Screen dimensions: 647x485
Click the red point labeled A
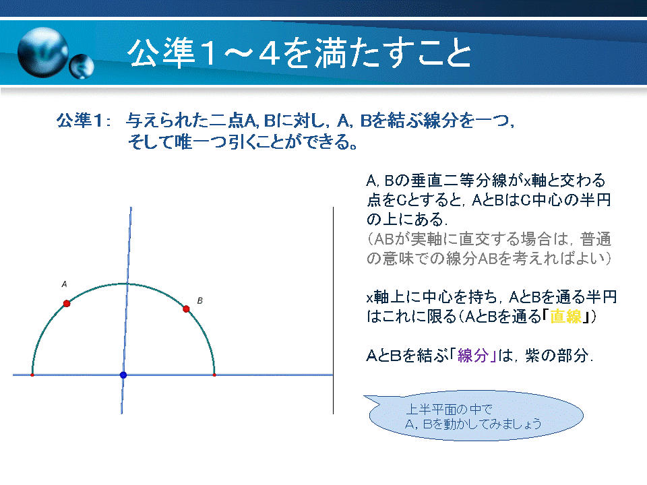(x=67, y=304)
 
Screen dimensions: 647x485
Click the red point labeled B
(x=186, y=309)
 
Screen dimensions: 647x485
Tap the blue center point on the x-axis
(x=123, y=375)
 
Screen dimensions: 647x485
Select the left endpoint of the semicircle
(x=32, y=375)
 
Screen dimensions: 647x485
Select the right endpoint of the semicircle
(x=214, y=375)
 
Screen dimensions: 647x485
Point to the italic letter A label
(x=64, y=284)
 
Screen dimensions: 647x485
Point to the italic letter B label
(x=199, y=300)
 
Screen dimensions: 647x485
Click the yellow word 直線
(x=565, y=317)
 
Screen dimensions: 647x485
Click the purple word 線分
(x=473, y=355)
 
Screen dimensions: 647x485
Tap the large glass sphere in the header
(x=43, y=53)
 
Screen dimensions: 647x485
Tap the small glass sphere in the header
(x=82, y=67)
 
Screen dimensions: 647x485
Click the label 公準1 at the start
(x=80, y=121)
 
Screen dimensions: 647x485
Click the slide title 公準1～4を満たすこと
(x=299, y=53)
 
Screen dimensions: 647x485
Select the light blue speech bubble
(x=474, y=416)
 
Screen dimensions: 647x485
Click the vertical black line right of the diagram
(x=333, y=310)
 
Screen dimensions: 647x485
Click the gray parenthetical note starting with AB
(x=489, y=249)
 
